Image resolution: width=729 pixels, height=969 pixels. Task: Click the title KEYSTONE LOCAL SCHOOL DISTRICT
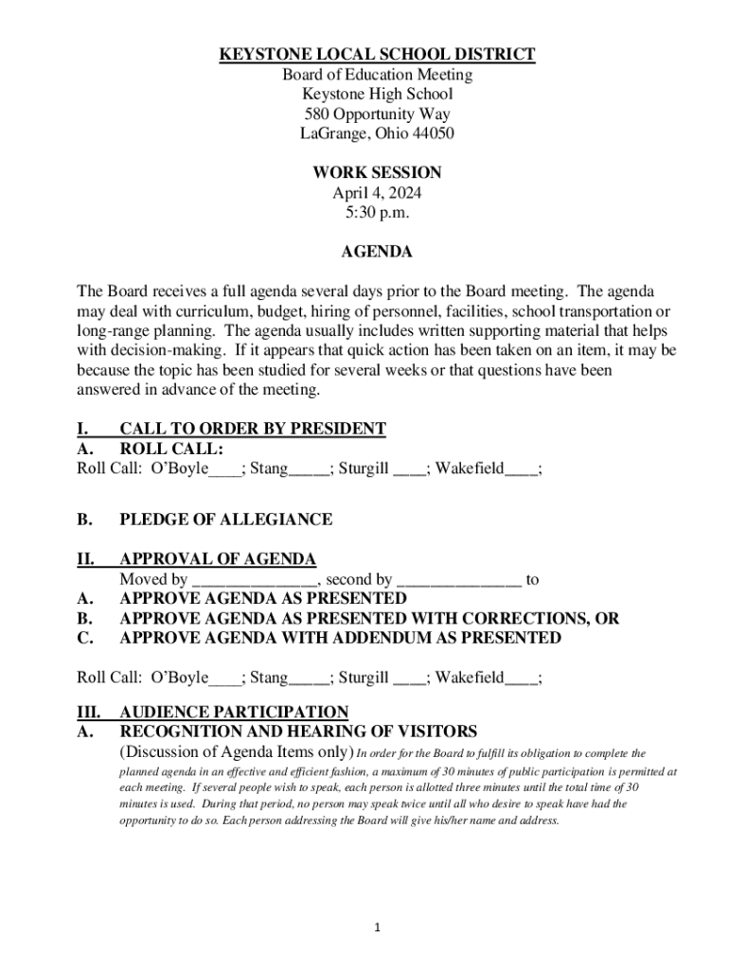click(x=377, y=55)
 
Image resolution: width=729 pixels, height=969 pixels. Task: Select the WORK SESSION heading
click(x=377, y=173)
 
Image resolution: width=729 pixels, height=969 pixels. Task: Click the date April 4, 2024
click(x=377, y=193)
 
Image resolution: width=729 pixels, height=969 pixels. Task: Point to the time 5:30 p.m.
click(x=377, y=213)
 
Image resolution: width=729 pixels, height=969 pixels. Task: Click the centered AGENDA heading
click(x=377, y=253)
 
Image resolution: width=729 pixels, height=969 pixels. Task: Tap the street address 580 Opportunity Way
click(x=377, y=114)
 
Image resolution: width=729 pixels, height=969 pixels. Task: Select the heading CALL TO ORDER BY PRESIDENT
click(x=252, y=429)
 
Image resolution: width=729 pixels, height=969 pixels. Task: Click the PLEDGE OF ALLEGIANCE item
click(x=225, y=520)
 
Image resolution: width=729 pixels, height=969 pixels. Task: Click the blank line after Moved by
click(x=255, y=580)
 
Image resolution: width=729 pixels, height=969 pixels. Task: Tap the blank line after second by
click(x=459, y=580)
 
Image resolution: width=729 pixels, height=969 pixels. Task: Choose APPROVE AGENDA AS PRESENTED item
click(x=262, y=599)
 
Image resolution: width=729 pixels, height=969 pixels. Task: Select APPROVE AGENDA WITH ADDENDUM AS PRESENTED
click(x=340, y=639)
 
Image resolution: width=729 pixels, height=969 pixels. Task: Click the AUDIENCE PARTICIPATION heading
click(x=233, y=712)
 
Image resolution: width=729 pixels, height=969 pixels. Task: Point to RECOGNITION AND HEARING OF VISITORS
click(x=297, y=731)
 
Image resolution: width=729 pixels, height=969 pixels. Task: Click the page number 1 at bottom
click(x=377, y=927)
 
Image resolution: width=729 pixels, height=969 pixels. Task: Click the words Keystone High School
click(x=377, y=94)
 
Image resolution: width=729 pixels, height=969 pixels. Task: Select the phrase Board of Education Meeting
click(x=377, y=75)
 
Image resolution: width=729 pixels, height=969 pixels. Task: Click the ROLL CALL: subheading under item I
click(x=170, y=449)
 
